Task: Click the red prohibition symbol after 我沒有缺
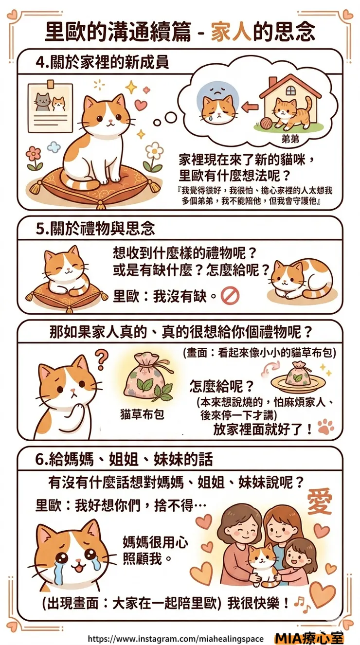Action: coord(228,296)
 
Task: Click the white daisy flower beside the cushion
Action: coord(154,150)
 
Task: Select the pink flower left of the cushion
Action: coord(34,154)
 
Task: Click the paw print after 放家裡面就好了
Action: coord(325,427)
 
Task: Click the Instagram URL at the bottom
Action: coord(176,638)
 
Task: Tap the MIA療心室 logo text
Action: coord(309,638)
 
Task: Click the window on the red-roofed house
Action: coord(291,90)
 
